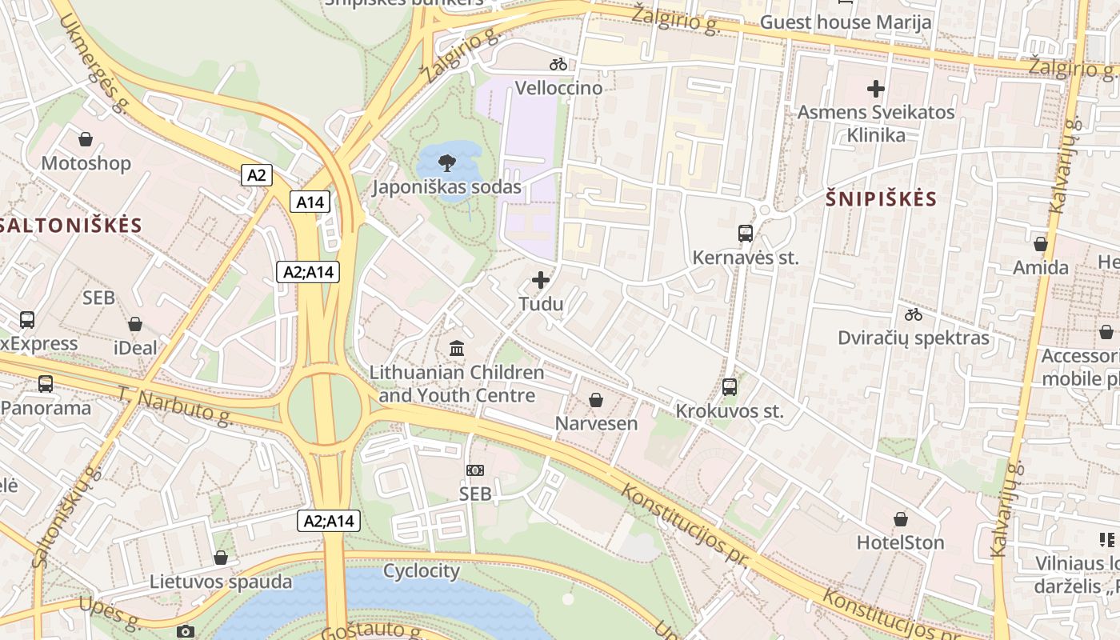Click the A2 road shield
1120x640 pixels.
click(256, 174)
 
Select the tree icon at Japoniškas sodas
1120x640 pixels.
click(447, 163)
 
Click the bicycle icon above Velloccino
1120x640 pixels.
click(558, 64)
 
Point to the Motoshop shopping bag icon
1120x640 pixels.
click(86, 139)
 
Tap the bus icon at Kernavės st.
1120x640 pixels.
click(746, 233)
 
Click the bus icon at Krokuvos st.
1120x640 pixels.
click(730, 386)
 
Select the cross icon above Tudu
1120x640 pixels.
click(541, 280)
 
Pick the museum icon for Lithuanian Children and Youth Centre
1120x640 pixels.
click(457, 348)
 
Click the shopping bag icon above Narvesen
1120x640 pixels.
click(596, 399)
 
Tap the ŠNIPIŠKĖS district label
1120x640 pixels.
click(881, 198)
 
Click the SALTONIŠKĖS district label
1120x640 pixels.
click(70, 225)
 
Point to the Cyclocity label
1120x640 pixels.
click(422, 571)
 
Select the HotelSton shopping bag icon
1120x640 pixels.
click(901, 519)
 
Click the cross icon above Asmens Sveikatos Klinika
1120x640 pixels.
click(876, 88)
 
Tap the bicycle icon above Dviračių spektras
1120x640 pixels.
click(914, 314)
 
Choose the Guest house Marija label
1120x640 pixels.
click(846, 22)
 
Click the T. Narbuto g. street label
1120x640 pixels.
click(174, 405)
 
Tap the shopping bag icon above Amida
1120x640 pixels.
click(1041, 244)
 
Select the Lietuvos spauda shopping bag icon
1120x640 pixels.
click(221, 558)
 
